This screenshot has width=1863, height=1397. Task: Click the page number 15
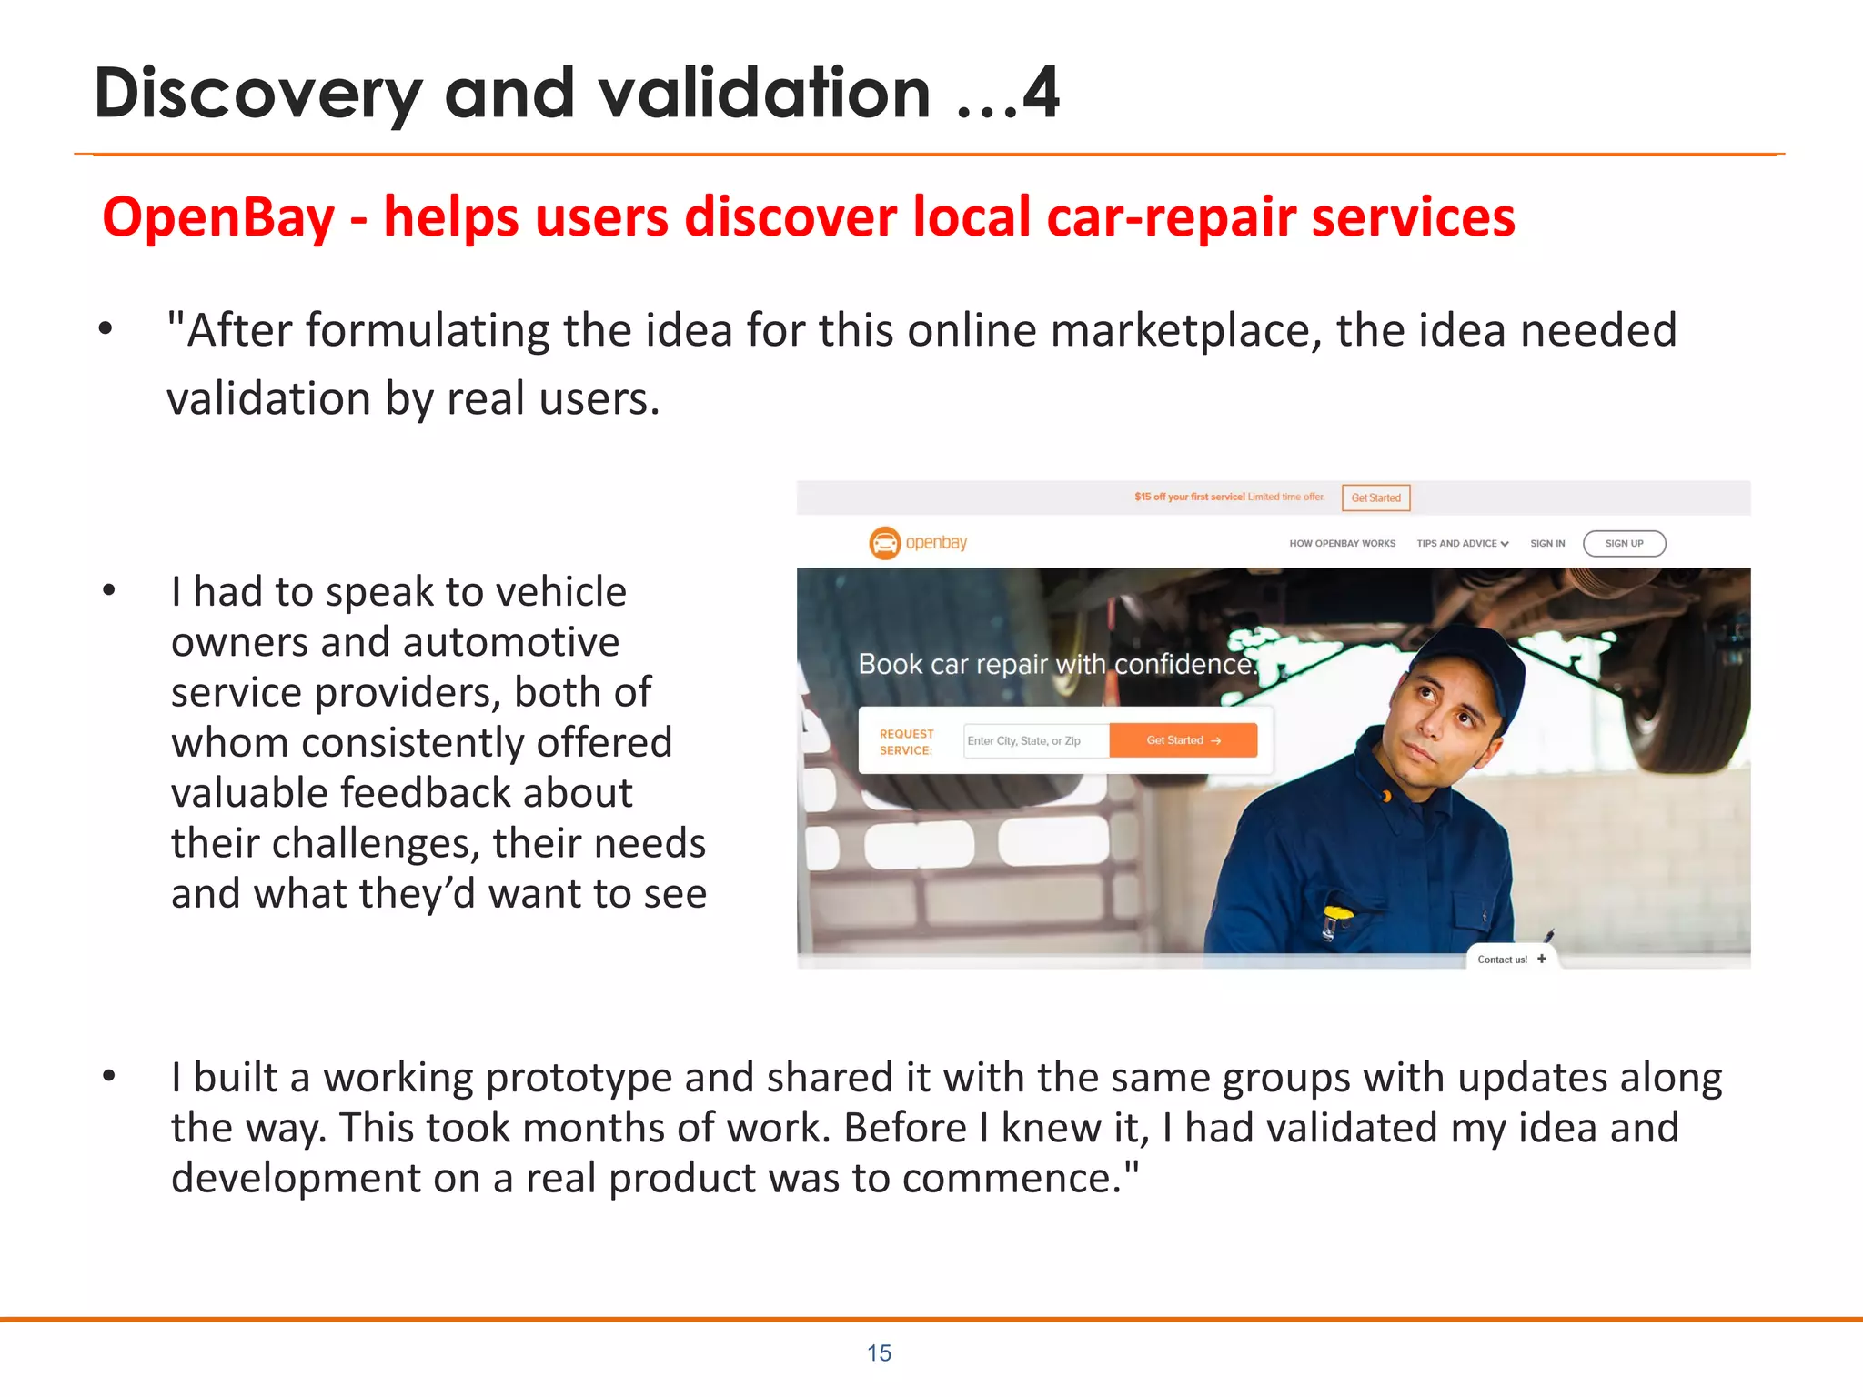coord(879,1353)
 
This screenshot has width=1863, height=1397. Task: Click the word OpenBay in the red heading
coord(218,218)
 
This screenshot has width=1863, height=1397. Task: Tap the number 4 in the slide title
coord(1041,93)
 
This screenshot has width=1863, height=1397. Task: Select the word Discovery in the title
coord(258,95)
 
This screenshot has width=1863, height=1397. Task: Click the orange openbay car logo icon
coord(884,543)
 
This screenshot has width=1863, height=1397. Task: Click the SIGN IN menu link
coord(1547,544)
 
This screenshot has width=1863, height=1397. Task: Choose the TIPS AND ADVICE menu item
coord(1462,544)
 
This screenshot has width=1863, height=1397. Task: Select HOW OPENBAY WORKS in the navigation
coord(1342,544)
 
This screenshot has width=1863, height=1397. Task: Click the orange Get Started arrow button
coord(1183,740)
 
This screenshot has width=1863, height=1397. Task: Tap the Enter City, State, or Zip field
coord(1035,741)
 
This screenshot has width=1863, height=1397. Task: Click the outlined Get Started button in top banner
coord(1375,497)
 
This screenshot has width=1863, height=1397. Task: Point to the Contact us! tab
coord(1510,960)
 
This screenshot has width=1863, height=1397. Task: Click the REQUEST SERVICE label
coord(906,742)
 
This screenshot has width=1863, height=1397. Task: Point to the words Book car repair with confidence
coord(1055,665)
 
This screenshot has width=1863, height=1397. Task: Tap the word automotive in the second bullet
coord(511,642)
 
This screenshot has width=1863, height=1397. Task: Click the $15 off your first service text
coord(1189,497)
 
